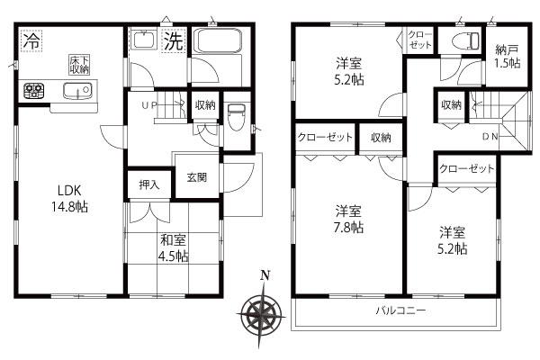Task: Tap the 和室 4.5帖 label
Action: (x=174, y=248)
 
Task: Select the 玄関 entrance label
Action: (x=197, y=178)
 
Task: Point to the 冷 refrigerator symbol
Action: (x=31, y=40)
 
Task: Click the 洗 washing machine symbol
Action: (x=174, y=40)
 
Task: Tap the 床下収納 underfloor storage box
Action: (x=79, y=64)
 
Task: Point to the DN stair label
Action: (x=491, y=137)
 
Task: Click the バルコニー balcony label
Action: (x=400, y=310)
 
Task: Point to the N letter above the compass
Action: (x=264, y=275)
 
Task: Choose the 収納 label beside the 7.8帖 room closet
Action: (x=380, y=138)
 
